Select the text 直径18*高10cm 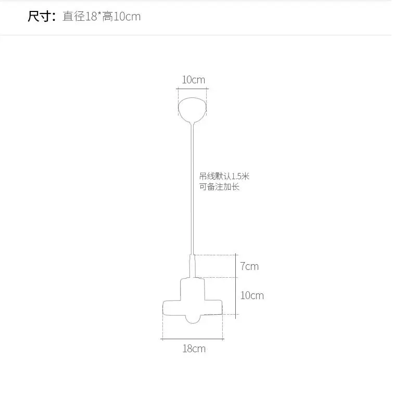pos(102,17)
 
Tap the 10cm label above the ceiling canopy pos(194,80)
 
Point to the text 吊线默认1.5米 pos(224,176)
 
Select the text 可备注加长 pos(219,187)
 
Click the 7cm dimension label pos(249,266)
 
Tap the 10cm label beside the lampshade pos(252,295)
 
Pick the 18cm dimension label pos(194,349)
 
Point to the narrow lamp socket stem pos(192,266)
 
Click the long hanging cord pos(192,189)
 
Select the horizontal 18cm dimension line pos(192,339)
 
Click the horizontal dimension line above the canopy pos(192,89)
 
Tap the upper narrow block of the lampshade pos(192,289)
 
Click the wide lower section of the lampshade pos(193,307)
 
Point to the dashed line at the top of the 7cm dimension pos(215,255)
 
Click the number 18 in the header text pos(91,17)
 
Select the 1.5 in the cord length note pos(237,176)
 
